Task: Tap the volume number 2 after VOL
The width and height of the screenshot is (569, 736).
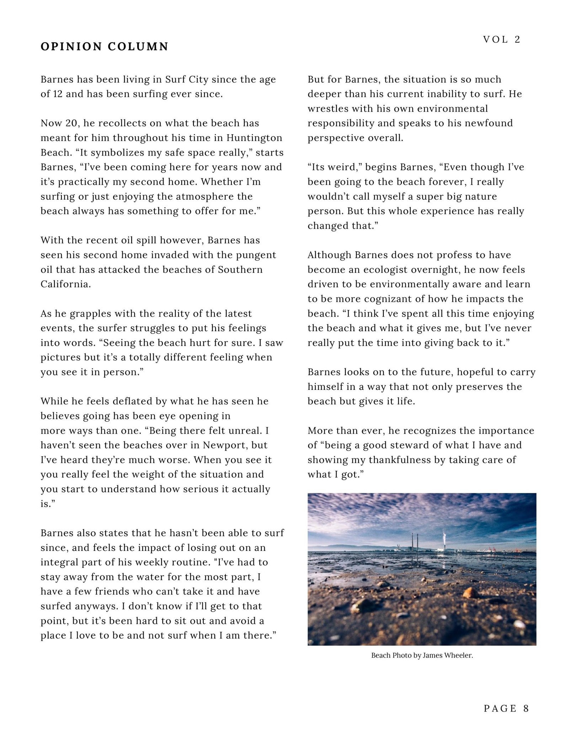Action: (517, 39)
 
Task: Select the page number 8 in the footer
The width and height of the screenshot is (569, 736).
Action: (526, 708)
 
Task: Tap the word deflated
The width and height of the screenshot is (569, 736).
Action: (127, 401)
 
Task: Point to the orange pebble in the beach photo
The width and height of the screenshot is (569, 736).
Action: (470, 592)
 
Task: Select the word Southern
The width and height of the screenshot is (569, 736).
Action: (240, 270)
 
